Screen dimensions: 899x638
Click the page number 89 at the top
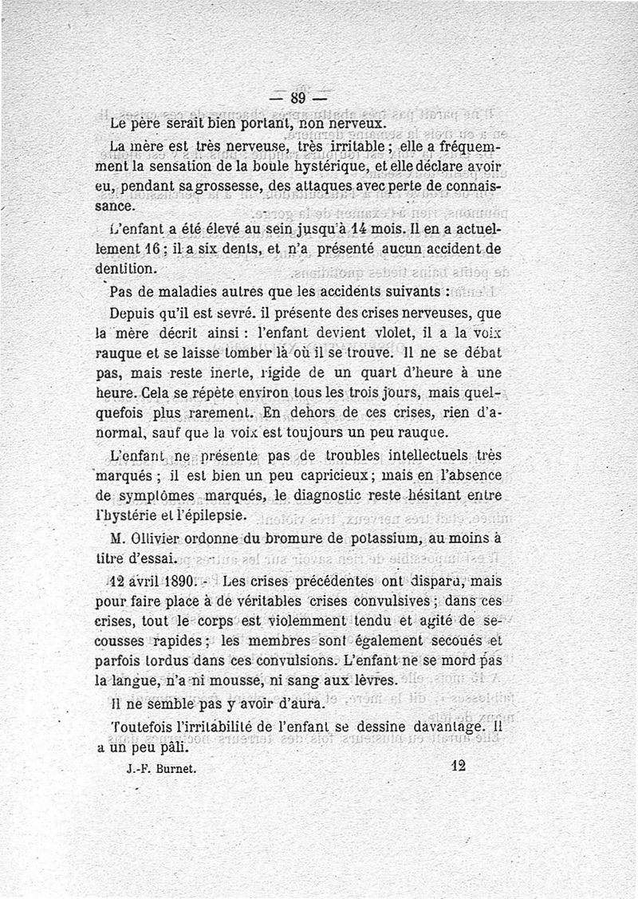pyautogui.click(x=299, y=100)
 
